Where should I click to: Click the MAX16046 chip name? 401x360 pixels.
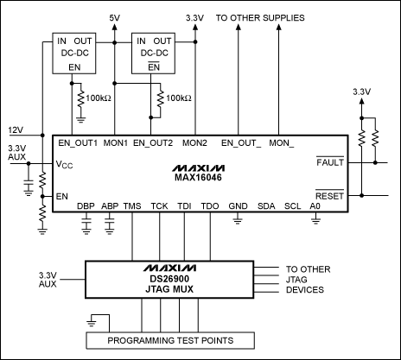click(x=200, y=178)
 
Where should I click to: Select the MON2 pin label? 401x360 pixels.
click(x=195, y=142)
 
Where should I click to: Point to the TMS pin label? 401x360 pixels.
click(x=132, y=206)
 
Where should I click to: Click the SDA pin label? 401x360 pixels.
click(x=267, y=206)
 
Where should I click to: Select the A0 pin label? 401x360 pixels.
click(x=315, y=206)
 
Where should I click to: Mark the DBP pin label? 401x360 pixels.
click(x=86, y=206)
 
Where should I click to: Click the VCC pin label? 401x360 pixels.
click(x=66, y=164)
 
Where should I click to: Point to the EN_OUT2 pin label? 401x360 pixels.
click(x=153, y=142)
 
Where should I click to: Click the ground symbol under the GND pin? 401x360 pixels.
click(x=237, y=222)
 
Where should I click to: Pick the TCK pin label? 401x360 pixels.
click(x=159, y=206)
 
